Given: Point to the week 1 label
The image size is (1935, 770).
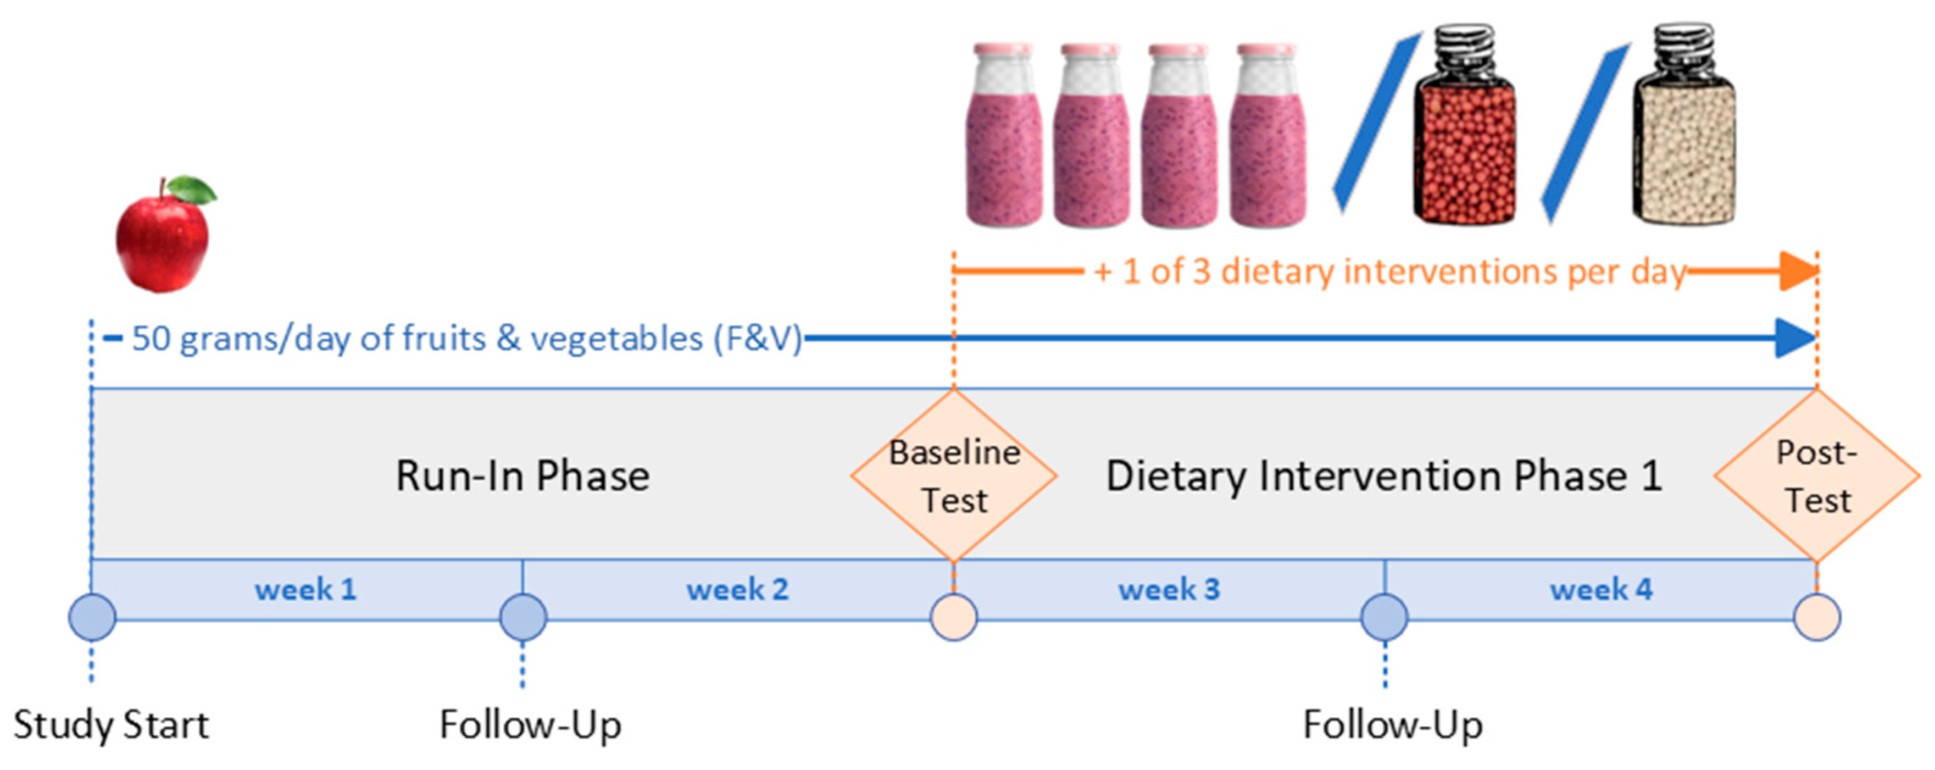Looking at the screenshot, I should (305, 590).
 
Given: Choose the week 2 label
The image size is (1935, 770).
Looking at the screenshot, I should (738, 590).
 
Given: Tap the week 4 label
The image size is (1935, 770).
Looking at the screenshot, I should (1601, 590).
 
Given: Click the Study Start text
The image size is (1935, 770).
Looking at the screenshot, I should (111, 725).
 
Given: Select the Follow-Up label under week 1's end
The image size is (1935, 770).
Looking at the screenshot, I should (530, 725).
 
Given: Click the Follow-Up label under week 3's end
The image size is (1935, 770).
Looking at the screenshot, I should (1393, 725).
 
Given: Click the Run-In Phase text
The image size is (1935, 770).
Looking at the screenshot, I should (523, 477).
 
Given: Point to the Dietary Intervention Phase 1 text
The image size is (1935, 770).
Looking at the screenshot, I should (1383, 477).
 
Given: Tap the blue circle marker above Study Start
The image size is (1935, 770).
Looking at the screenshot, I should (92, 618).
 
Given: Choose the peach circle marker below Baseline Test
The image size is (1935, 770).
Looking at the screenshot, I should (954, 618).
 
